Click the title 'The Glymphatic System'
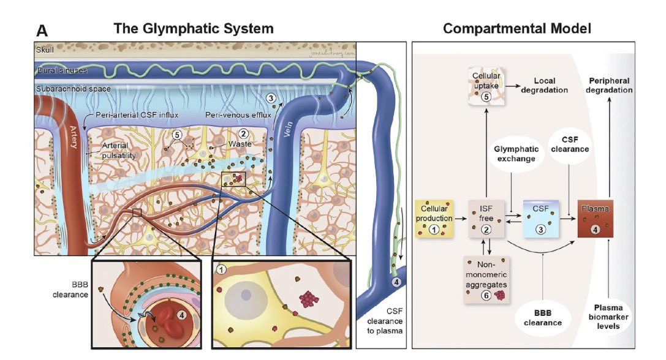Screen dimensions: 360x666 [193, 29]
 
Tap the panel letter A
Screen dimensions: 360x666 [42, 31]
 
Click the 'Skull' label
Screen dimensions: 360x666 [45, 49]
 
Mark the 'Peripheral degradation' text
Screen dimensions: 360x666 [610, 85]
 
